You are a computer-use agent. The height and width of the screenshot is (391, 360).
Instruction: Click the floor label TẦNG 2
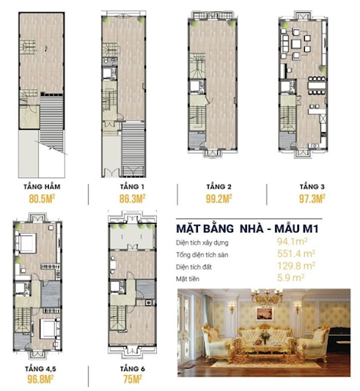215,186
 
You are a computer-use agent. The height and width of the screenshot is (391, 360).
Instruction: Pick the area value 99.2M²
215,199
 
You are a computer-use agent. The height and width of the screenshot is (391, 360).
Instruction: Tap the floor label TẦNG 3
310,186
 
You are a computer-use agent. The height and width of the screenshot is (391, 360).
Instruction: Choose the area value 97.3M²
310,199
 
